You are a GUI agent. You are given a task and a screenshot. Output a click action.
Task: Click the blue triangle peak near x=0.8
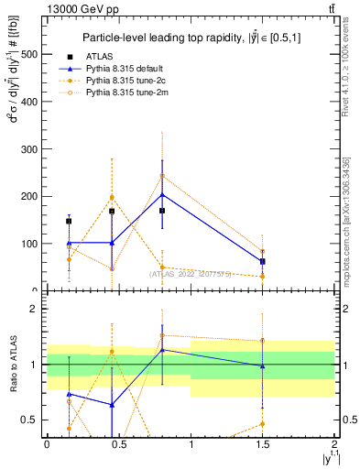(x=162, y=194)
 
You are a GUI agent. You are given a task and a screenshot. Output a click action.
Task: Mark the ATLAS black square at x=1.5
(x=263, y=261)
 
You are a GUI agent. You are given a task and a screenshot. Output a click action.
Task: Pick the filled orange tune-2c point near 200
(x=112, y=197)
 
